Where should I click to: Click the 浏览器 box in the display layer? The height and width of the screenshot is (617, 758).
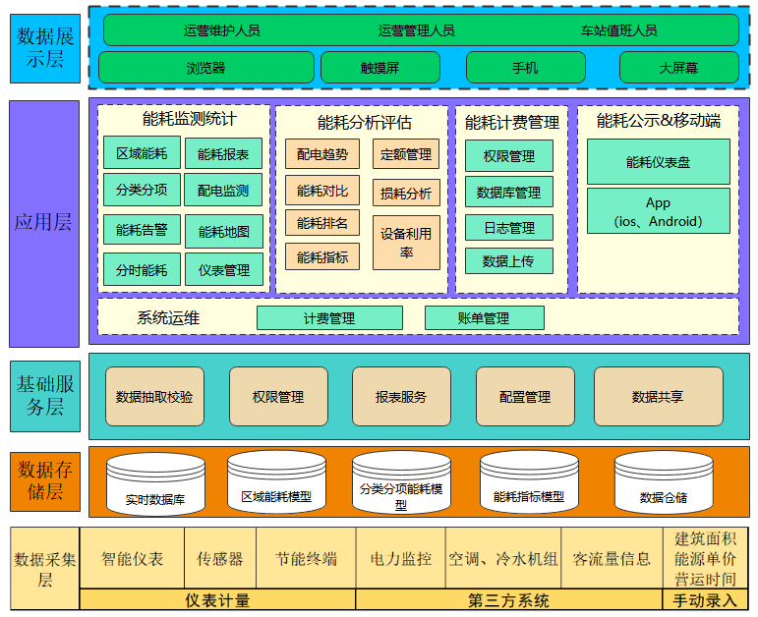(x=205, y=68)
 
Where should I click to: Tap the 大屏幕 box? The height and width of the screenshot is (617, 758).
(x=678, y=68)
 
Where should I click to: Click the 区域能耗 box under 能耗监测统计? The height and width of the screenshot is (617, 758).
(x=142, y=153)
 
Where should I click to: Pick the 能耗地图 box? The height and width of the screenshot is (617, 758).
(x=224, y=232)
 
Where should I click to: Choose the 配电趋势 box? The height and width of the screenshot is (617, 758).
(x=322, y=154)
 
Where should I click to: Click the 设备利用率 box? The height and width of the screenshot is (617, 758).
(x=406, y=244)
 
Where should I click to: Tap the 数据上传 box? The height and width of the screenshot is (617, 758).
(x=508, y=261)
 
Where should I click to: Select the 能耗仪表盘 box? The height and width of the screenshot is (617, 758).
(x=658, y=162)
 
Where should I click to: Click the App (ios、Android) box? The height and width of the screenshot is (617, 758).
(x=658, y=211)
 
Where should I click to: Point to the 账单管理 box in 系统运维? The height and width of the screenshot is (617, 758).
(x=484, y=318)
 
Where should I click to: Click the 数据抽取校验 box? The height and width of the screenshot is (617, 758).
(x=154, y=397)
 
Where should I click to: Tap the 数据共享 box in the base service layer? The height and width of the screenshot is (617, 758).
(x=658, y=397)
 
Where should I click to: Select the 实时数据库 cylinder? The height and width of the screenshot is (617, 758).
(x=154, y=483)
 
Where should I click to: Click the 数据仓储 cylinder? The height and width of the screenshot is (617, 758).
(x=663, y=483)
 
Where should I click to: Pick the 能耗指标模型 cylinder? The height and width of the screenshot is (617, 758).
(x=529, y=483)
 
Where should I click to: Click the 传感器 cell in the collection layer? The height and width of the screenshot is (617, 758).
(x=219, y=559)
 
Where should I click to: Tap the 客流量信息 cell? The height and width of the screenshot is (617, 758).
(x=612, y=559)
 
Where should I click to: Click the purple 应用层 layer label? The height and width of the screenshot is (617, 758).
(x=43, y=222)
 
